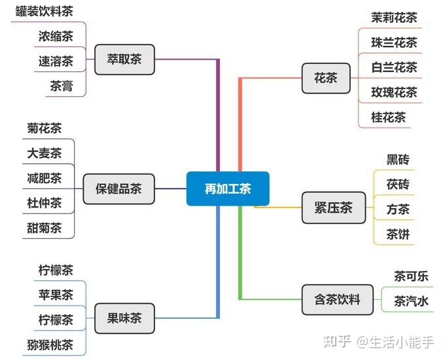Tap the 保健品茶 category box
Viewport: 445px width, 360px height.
(118, 189)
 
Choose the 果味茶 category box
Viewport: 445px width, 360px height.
(125, 319)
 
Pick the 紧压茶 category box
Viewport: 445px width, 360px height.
(333, 208)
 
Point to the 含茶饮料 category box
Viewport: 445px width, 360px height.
(336, 300)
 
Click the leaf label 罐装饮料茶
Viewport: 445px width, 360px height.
(44, 11)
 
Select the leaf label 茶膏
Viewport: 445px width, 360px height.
(62, 86)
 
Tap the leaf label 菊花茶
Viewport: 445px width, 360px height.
(44, 128)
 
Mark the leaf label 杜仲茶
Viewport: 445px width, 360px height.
(44, 202)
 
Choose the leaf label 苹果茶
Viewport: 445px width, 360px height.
(56, 295)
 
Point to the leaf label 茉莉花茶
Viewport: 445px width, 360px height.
(394, 18)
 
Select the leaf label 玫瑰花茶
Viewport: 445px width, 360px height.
(394, 92)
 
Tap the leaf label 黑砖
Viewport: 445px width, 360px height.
(398, 160)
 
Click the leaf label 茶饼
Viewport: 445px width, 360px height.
(398, 234)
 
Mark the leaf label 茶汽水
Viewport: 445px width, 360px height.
(411, 301)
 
